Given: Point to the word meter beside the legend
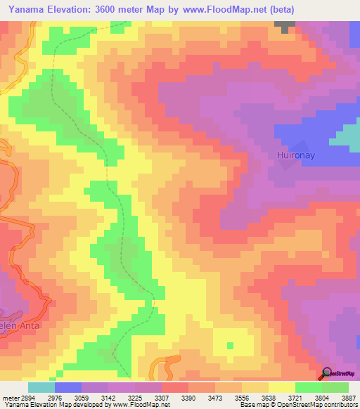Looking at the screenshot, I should (11, 398).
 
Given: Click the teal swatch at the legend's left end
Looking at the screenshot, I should (41, 387).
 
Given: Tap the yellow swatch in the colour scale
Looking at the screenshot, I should (281, 387).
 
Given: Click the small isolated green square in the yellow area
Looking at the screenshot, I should (230, 345).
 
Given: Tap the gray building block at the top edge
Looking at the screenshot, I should (285, 26).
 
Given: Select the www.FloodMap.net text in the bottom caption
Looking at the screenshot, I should (143, 405).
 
